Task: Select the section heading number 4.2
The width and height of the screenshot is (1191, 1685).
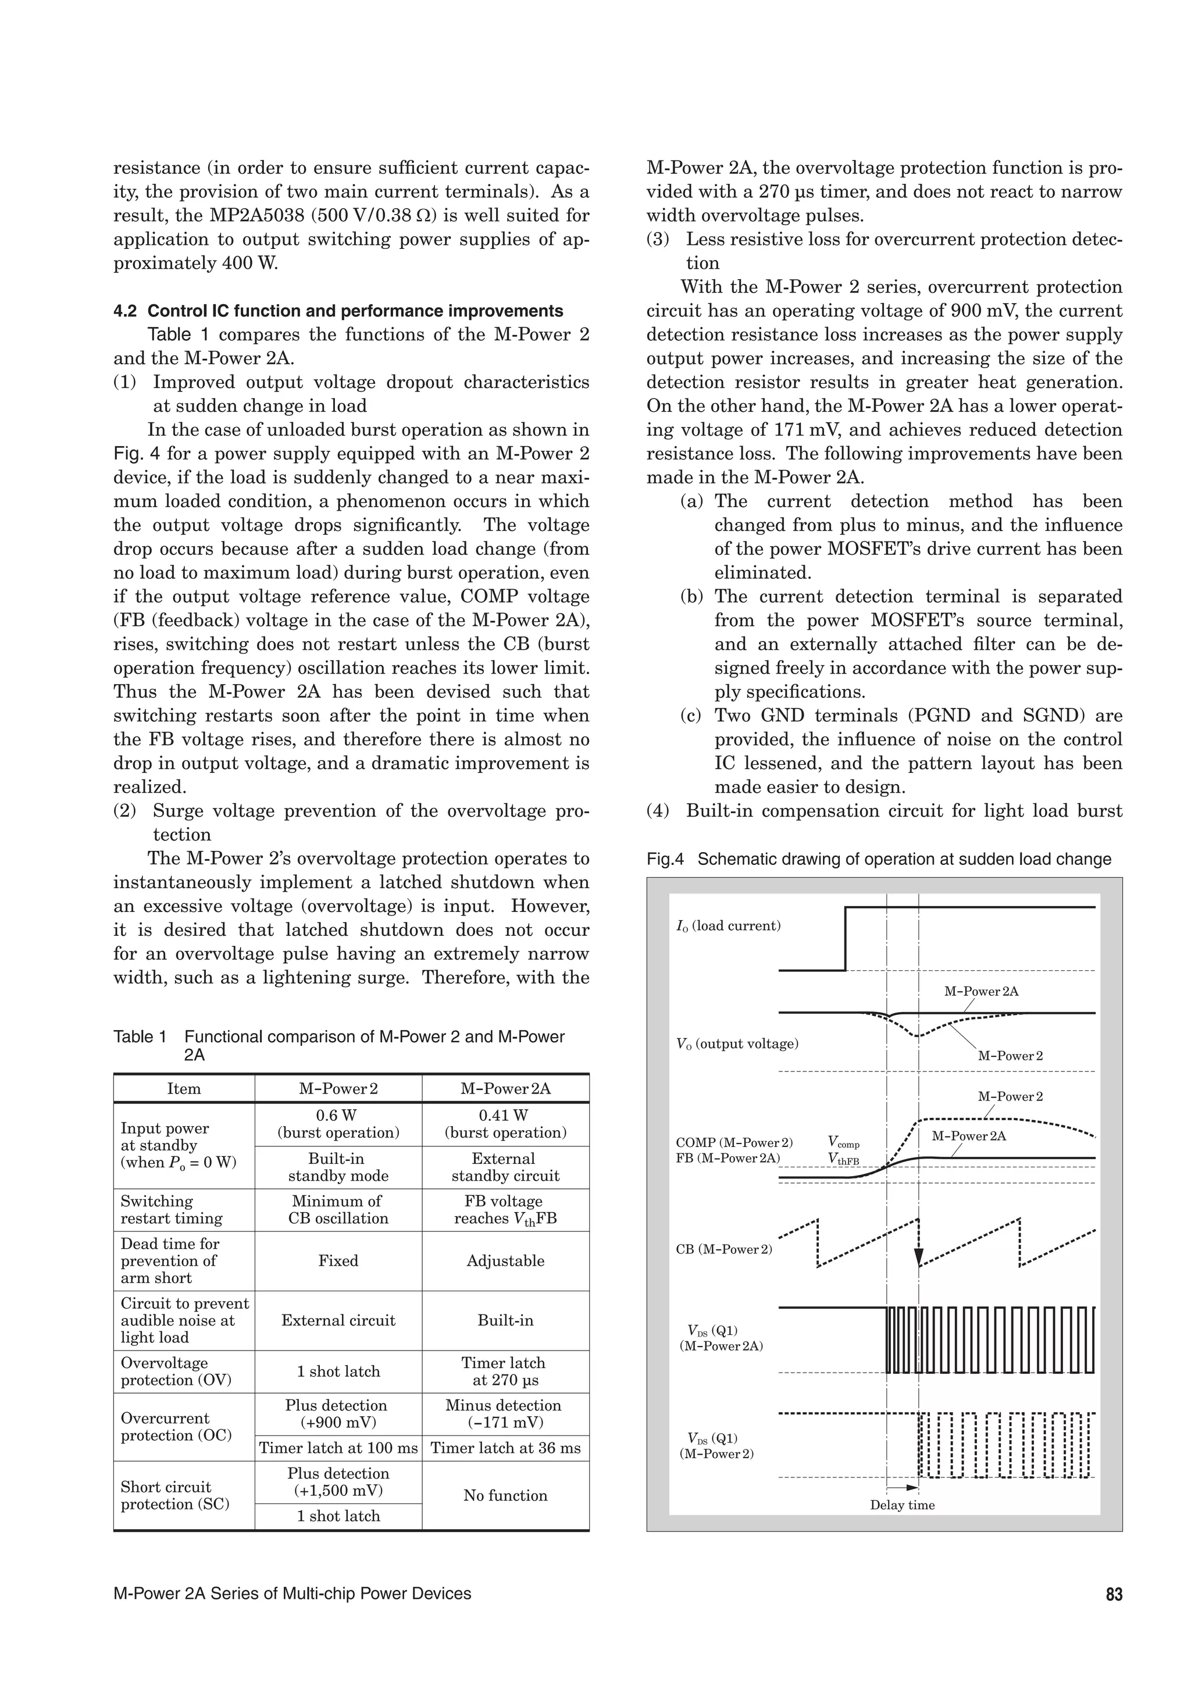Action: click(x=125, y=311)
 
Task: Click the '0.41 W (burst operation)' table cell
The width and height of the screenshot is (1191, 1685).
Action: click(x=505, y=1124)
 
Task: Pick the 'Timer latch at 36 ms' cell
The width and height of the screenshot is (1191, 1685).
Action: click(x=505, y=1448)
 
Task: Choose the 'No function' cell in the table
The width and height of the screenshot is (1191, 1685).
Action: click(x=505, y=1495)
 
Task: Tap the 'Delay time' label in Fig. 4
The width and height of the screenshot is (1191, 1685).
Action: click(x=902, y=1505)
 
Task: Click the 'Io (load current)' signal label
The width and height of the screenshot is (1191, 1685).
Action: click(x=728, y=926)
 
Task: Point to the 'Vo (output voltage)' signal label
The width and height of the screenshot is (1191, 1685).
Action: click(x=737, y=1043)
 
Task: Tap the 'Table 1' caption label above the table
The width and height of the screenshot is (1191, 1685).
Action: click(x=140, y=1037)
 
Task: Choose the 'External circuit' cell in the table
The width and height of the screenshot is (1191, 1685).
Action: click(x=338, y=1320)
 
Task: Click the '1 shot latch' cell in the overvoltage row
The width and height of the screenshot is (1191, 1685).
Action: click(x=338, y=1371)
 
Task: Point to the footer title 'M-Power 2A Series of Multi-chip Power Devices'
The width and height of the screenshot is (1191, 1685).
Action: click(x=292, y=1593)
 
